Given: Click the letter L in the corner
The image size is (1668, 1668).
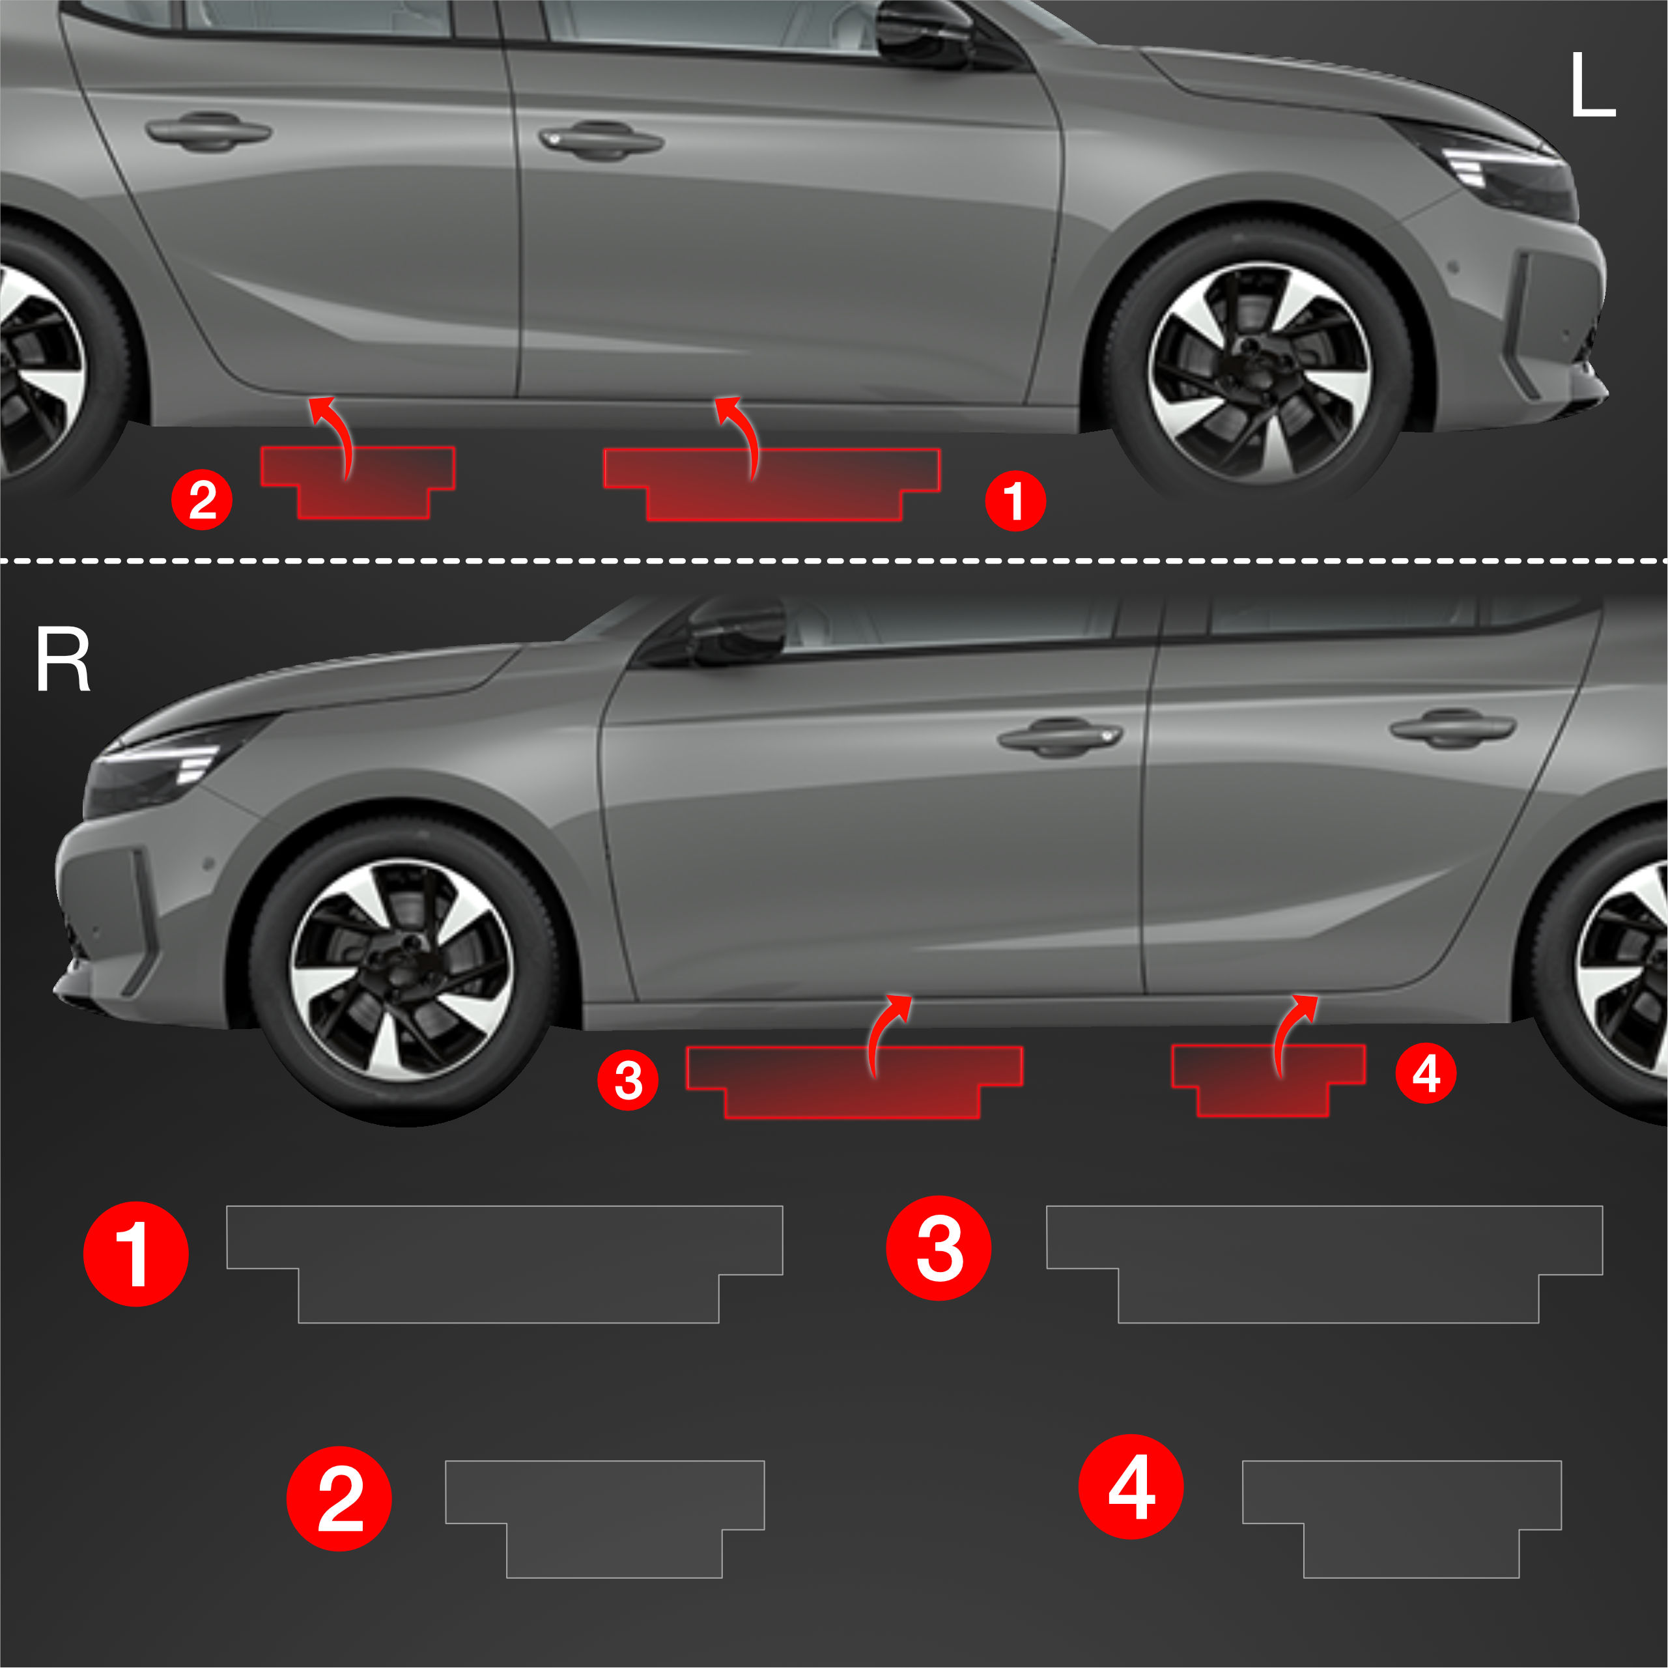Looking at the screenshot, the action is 1591,85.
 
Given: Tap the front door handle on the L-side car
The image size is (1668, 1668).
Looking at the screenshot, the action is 601,141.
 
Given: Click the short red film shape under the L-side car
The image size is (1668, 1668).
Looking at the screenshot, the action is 358,483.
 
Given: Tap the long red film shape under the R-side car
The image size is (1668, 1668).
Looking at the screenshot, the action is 855,1082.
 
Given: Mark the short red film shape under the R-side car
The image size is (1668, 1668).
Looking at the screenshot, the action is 1268,1080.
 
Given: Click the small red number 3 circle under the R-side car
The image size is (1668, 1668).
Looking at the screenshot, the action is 628,1080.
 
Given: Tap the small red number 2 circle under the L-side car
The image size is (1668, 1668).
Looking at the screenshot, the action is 202,500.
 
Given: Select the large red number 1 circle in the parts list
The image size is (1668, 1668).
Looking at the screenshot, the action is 135,1254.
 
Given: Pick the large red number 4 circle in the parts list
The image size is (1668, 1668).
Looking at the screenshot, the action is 1131,1487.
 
